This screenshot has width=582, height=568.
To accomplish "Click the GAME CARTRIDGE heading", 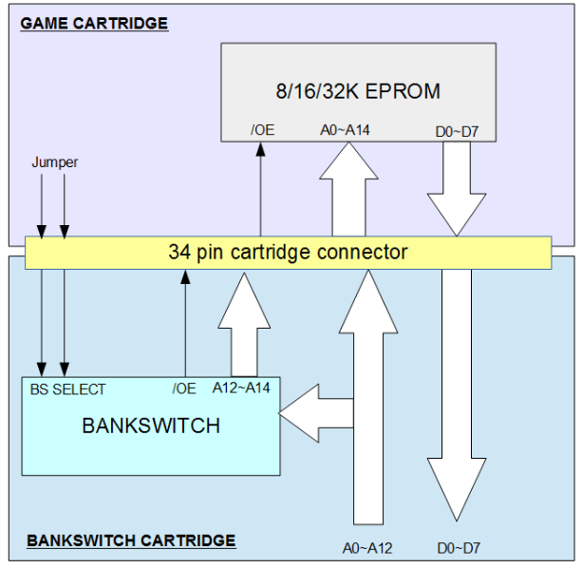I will [x=94, y=23].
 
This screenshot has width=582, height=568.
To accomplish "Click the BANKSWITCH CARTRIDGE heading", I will [x=131, y=540].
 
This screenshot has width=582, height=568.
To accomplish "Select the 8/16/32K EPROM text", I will [x=359, y=91].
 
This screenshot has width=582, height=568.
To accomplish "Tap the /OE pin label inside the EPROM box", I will [x=263, y=129].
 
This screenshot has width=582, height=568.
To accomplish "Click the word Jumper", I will [x=54, y=162].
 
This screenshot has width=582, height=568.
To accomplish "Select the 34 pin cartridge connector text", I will [x=288, y=253].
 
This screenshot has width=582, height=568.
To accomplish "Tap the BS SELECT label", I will [x=66, y=388].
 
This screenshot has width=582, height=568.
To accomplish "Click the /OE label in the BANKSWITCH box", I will [x=184, y=388].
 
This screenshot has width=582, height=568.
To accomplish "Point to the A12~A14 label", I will [x=244, y=388].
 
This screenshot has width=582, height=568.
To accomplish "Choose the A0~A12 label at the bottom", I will [x=366, y=547].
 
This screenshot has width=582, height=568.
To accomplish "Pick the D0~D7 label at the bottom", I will [x=459, y=547].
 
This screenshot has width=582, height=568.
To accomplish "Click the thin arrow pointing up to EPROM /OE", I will [x=260, y=190].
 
